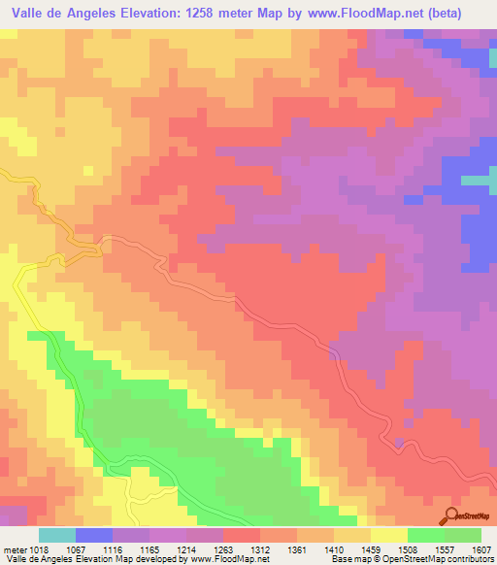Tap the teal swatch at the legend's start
(56, 535)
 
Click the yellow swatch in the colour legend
(388, 535)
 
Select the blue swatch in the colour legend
(94, 535)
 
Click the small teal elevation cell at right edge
(475, 181)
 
